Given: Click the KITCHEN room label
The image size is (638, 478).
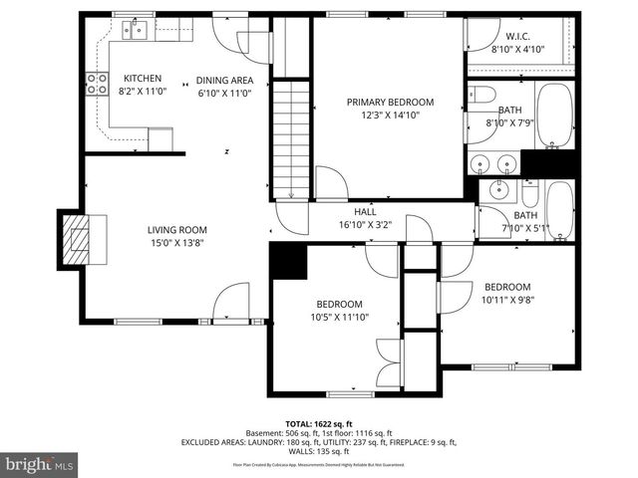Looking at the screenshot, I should [143, 79].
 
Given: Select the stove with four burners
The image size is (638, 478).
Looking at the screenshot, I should [97, 84].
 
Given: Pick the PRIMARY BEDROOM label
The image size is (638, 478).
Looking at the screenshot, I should [390, 102].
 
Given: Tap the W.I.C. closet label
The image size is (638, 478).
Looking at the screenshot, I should [517, 36].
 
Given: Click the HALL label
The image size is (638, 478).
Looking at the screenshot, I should [365, 211].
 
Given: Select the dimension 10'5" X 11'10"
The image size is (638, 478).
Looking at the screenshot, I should [339, 317].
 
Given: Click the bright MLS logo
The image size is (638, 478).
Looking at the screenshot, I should [40, 464].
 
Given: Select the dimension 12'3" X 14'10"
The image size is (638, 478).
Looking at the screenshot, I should [390, 115].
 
